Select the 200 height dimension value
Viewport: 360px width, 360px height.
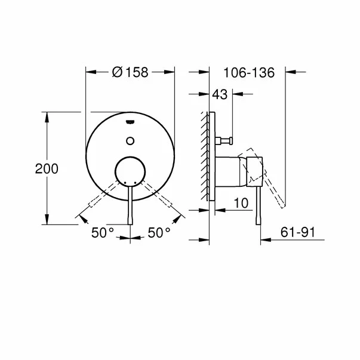[47, 169]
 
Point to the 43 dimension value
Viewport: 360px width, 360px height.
[220, 94]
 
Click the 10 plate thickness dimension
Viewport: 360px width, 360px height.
[241, 204]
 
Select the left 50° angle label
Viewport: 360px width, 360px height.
[102, 233]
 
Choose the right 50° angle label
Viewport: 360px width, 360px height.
[159, 233]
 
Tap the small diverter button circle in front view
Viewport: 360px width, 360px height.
[131, 141]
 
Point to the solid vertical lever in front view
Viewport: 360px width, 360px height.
[131, 206]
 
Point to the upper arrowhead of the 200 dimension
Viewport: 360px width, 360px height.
[47, 115]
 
